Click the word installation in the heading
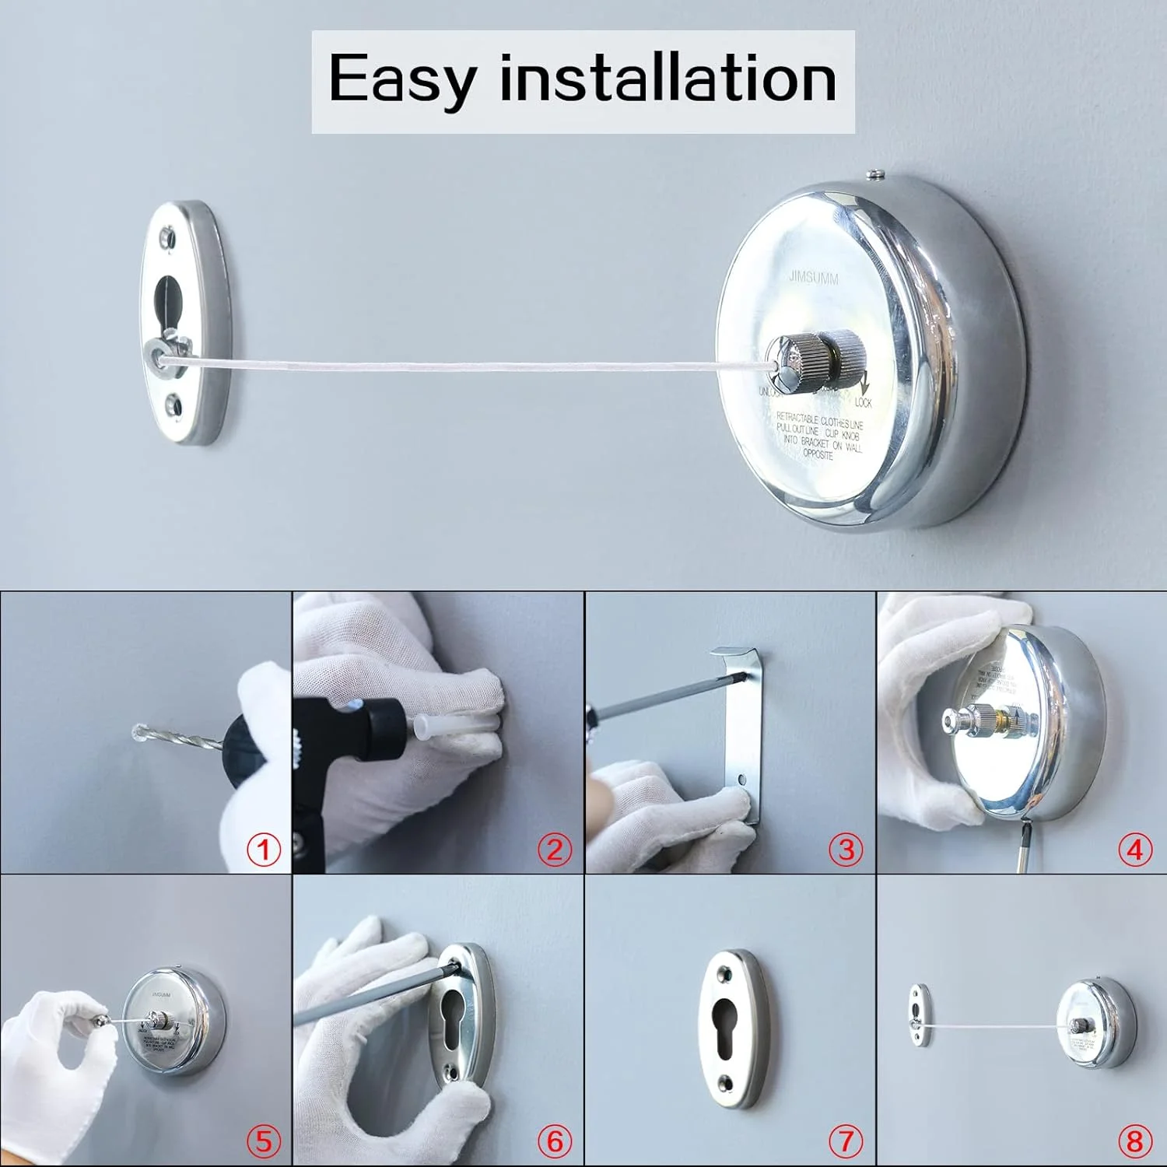(668, 79)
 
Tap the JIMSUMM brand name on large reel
(813, 277)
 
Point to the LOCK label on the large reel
(863, 402)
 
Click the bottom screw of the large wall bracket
(173, 405)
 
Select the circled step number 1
(264, 849)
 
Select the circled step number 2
(555, 849)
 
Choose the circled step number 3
(846, 849)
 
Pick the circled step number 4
(1135, 849)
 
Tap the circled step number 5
(264, 1141)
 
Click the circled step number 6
(555, 1141)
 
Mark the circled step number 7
(846, 1141)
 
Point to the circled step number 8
(1135, 1141)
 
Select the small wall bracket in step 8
(919, 1013)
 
